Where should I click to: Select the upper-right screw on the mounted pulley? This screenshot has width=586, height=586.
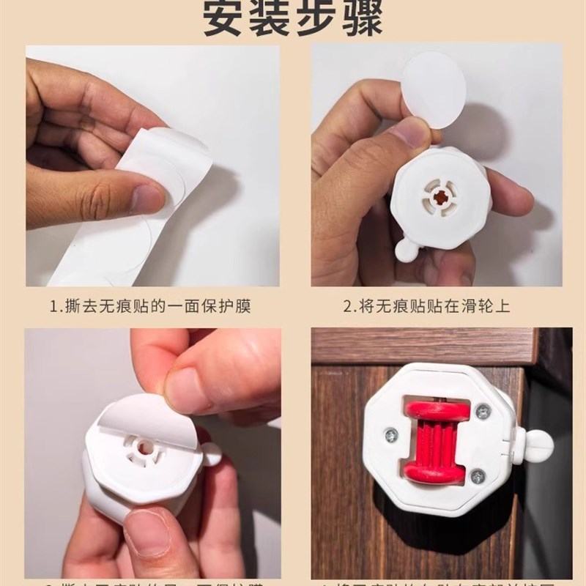(482, 412)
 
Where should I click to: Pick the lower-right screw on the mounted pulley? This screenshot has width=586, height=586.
(478, 476)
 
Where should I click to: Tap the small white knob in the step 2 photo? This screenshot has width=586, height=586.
(407, 249)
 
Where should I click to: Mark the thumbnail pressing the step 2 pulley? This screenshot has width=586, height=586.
(409, 133)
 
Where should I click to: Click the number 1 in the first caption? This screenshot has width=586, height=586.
(54, 305)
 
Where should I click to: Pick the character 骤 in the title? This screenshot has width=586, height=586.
(361, 20)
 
